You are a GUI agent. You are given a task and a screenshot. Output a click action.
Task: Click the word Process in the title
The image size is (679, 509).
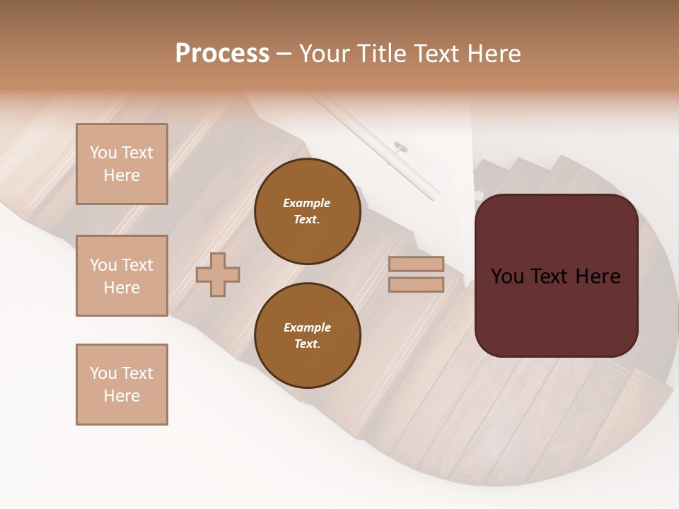click(222, 54)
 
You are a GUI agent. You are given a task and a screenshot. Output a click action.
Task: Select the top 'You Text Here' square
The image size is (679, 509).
click(122, 164)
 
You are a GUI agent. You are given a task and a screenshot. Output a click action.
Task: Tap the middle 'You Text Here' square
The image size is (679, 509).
click(122, 276)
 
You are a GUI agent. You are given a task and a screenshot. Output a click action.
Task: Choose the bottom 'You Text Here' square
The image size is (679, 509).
click(122, 385)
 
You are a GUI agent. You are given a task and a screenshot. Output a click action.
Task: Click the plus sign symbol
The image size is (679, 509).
click(218, 274)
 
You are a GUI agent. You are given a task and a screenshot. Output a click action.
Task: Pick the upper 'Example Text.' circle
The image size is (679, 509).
click(307, 211)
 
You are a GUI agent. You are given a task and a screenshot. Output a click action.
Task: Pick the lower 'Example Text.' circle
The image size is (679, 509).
click(307, 336)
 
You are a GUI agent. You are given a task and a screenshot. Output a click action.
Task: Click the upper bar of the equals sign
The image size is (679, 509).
click(416, 264)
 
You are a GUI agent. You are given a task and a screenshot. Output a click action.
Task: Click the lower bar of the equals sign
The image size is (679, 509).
click(416, 284)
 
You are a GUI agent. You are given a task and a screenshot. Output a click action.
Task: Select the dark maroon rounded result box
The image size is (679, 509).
click(556, 276)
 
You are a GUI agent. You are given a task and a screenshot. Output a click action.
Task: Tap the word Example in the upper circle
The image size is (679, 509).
click(306, 203)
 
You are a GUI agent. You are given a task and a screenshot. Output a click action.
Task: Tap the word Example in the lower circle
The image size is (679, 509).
click(307, 327)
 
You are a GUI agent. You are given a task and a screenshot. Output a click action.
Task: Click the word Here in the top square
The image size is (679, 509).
click(122, 175)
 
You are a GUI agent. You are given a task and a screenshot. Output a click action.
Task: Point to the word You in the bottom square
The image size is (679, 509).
click(103, 373)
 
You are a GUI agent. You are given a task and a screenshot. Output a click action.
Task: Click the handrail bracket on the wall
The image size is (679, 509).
click(401, 147)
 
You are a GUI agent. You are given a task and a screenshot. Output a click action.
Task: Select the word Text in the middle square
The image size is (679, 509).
click(137, 265)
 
